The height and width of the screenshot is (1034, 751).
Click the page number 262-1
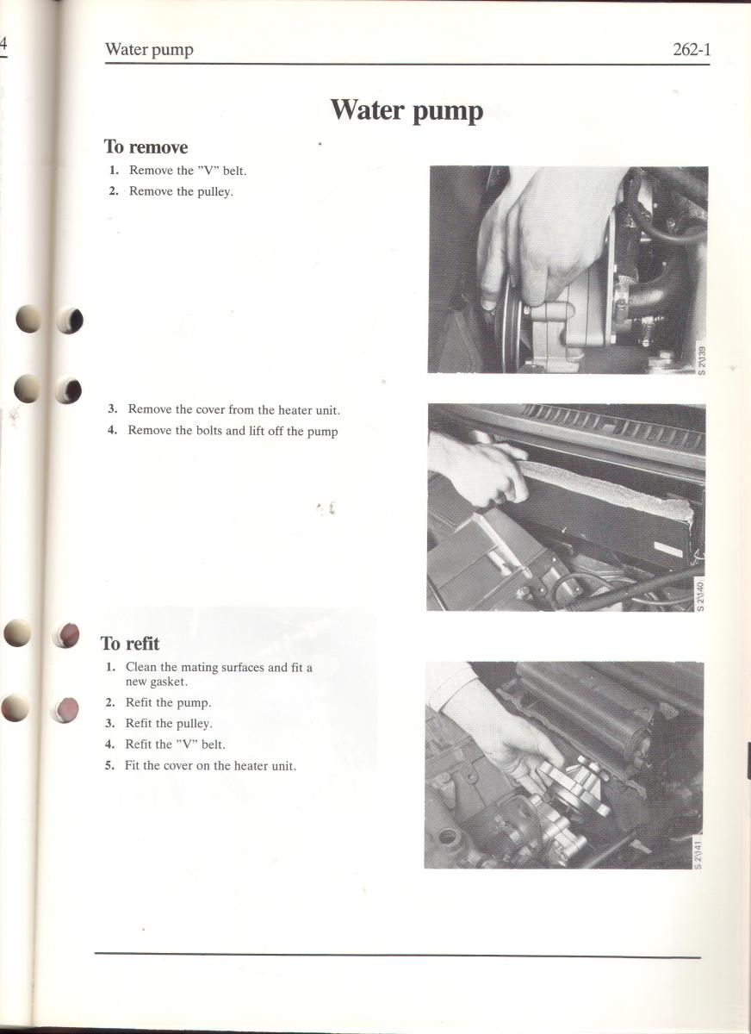(692, 49)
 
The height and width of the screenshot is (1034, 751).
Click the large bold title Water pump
(407, 111)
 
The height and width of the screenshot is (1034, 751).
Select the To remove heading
(146, 147)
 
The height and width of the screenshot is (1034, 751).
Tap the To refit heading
(130, 644)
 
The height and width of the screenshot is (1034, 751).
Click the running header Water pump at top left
(149, 49)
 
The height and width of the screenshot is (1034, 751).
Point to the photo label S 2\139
(701, 361)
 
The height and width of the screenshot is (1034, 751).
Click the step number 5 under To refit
(109, 765)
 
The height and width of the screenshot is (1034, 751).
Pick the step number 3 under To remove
(112, 408)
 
